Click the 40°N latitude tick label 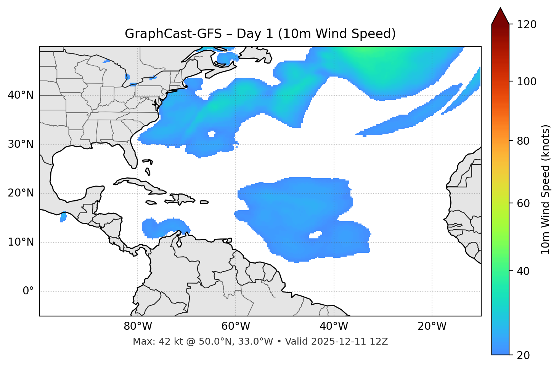21,95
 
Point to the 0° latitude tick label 28,291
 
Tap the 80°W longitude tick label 138,326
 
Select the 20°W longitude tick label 432,326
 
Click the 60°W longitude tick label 236,326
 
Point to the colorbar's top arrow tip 500,8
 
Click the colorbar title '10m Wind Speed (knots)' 546,190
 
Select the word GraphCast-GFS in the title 173,34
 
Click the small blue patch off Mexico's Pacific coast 63,217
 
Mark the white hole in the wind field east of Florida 212,134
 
